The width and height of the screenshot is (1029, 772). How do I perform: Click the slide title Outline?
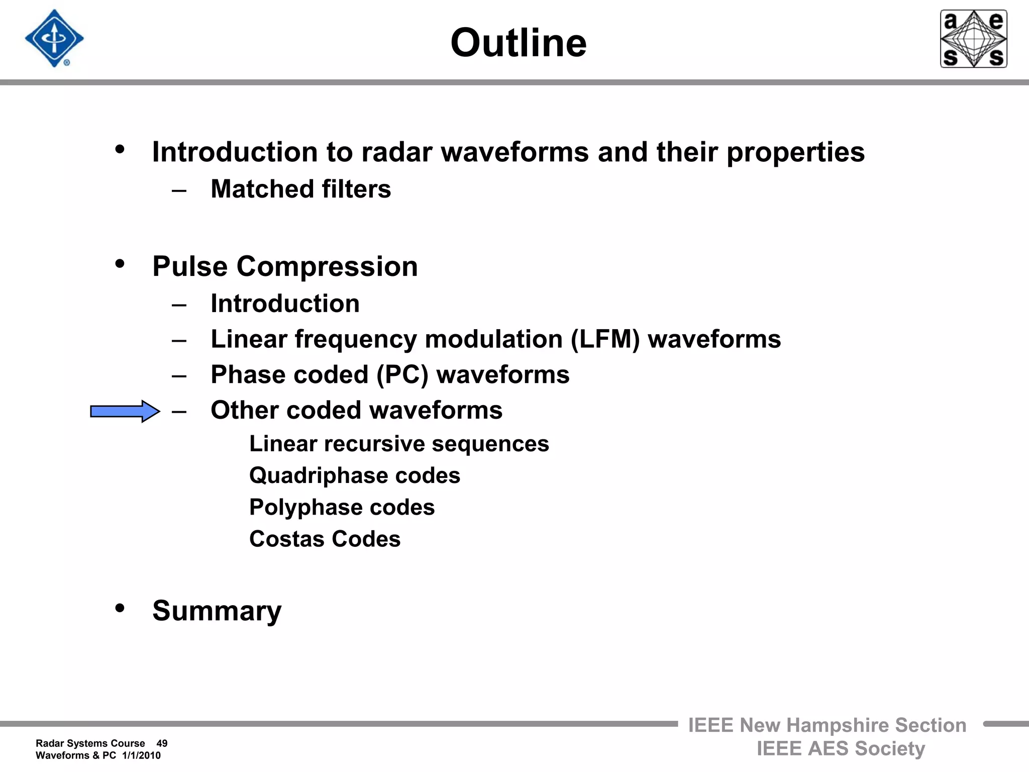pos(518,43)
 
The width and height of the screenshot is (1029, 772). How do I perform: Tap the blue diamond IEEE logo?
pos(54,38)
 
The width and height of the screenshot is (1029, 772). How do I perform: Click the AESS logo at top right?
pos(973,39)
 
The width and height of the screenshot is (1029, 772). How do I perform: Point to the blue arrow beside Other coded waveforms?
pos(125,412)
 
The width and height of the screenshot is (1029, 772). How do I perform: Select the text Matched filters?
pos(300,189)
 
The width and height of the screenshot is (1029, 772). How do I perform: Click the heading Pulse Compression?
pos(285,266)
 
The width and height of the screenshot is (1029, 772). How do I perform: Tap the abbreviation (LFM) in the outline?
pos(605,339)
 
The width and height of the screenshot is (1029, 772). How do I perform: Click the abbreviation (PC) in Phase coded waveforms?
pos(402,375)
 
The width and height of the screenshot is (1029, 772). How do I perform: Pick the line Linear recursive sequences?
pos(399,444)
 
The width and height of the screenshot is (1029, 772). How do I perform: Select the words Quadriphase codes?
pos(355,475)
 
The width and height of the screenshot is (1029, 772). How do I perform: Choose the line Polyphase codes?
pos(342,507)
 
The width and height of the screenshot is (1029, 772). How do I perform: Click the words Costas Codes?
pos(325,539)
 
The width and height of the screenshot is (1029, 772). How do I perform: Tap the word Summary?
pos(217,611)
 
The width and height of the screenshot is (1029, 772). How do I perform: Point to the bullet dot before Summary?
pos(120,608)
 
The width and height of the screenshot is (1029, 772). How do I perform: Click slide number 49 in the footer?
pos(162,743)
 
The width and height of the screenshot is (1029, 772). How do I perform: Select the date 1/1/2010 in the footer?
pos(141,755)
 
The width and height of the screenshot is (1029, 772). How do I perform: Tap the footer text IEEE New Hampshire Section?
pos(827,725)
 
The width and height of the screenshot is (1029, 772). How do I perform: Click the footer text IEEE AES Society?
pos(841,748)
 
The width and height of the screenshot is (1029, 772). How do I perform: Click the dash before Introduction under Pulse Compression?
pos(179,305)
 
